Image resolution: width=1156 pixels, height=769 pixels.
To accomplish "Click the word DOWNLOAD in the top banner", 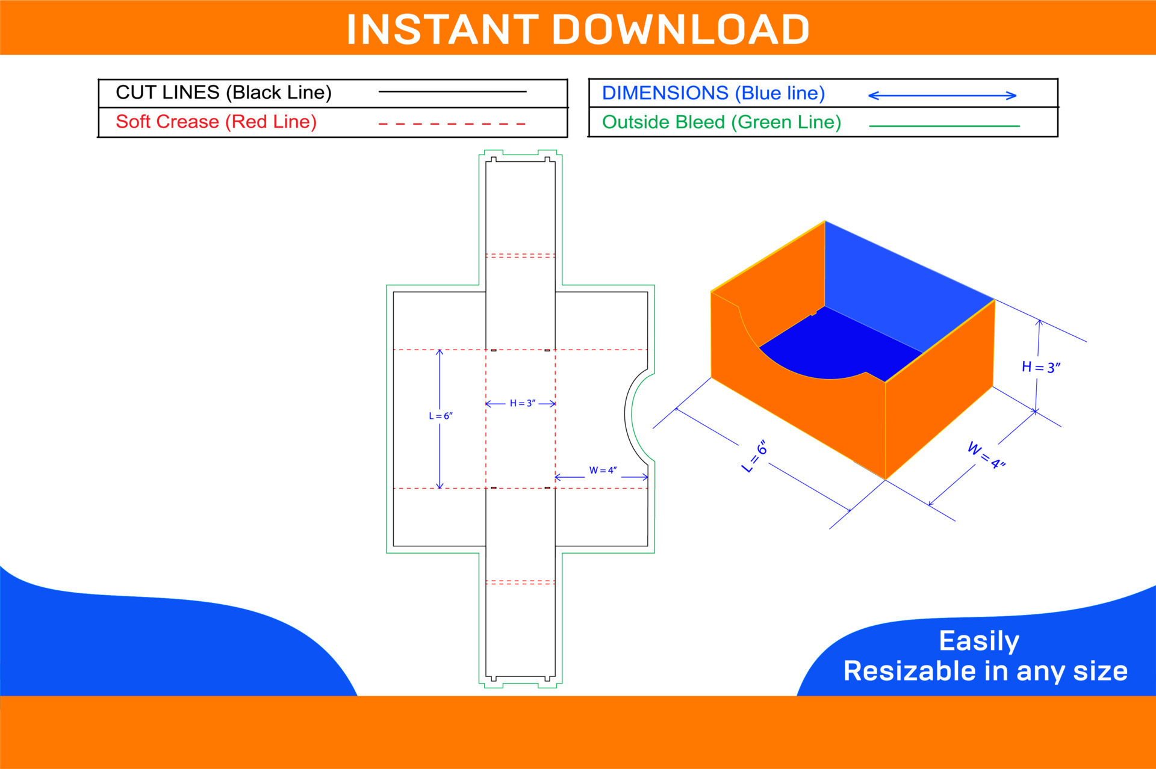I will click(680, 29).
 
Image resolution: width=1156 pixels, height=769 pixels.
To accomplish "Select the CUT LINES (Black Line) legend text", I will click(223, 92).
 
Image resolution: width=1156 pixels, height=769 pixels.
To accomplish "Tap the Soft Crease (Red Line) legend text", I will click(216, 122).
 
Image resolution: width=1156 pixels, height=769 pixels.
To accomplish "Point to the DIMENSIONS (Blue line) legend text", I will click(713, 93).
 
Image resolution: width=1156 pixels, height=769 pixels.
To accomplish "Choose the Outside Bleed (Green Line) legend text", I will click(721, 122).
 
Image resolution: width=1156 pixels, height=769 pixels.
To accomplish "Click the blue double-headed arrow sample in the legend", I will click(942, 95).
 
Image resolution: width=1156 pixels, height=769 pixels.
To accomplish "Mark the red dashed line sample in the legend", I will click(452, 124).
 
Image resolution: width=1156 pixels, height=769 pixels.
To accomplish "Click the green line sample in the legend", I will click(944, 126).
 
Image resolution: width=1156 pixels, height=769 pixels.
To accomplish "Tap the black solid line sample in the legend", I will click(452, 91).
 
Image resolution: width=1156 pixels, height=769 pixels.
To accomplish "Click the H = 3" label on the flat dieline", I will click(522, 403).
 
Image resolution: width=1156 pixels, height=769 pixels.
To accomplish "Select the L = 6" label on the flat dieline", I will click(441, 416).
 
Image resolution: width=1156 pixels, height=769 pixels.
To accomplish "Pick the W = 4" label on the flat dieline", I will click(603, 470).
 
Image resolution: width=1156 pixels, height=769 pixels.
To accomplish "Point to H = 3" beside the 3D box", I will click(1040, 367).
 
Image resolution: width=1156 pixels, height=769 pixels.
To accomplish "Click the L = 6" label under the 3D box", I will click(754, 456).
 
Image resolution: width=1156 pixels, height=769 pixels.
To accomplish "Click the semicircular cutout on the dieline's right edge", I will click(637, 416).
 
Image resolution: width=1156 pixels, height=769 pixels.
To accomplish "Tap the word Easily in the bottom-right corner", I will click(979, 641).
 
